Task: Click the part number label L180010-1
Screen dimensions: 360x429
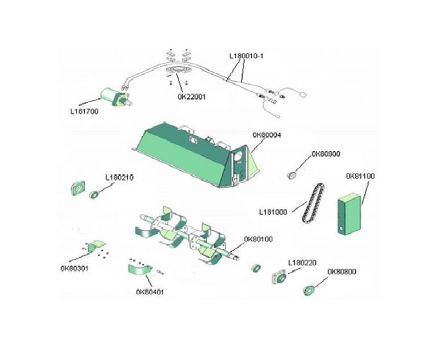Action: click(247, 56)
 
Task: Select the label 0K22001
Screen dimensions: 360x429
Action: click(191, 96)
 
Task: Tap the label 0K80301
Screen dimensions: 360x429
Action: click(74, 268)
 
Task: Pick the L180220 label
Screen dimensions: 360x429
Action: click(303, 262)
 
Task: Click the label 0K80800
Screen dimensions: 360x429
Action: click(343, 272)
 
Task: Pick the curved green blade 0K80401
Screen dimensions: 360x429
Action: click(137, 270)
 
